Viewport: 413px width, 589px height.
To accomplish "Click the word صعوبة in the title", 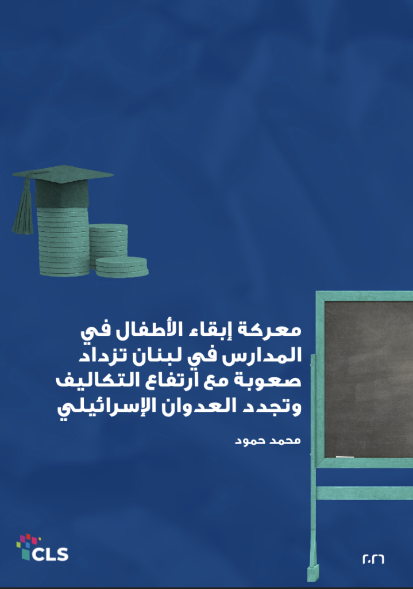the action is click(x=267, y=380).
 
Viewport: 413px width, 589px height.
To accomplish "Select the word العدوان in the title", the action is click(x=200, y=406).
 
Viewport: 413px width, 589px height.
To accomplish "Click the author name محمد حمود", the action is click(x=268, y=440).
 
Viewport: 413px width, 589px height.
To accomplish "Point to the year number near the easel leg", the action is click(x=373, y=559).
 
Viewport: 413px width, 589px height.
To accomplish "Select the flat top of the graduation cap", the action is click(x=63, y=174).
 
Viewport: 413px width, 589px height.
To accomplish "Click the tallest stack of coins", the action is click(x=63, y=240).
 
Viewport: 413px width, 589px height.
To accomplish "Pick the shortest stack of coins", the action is click(x=122, y=267).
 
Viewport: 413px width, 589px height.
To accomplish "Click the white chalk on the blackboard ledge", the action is click(x=345, y=457).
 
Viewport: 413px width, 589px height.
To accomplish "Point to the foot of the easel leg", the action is click(x=313, y=573).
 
